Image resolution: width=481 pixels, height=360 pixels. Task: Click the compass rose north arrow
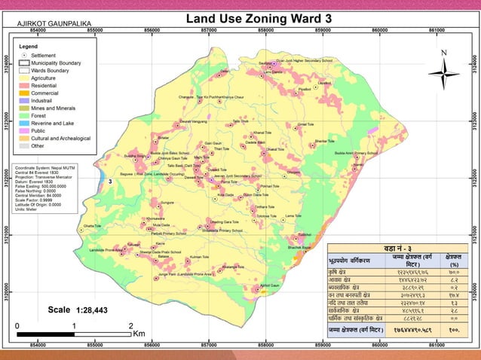[444, 73]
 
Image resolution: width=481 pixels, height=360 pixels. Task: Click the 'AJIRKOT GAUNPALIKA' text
[47, 24]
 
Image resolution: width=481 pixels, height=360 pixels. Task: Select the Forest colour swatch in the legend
[24, 115]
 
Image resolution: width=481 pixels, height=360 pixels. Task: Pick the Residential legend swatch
[24, 85]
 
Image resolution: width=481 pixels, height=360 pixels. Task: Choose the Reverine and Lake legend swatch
[24, 123]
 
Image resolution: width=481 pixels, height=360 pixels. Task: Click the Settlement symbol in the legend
[25, 55]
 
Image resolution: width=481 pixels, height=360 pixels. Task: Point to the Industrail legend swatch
[24, 100]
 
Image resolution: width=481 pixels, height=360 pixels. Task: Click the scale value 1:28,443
[91, 310]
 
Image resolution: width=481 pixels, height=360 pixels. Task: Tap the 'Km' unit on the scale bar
[139, 332]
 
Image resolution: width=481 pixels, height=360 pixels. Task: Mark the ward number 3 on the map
[110, 182]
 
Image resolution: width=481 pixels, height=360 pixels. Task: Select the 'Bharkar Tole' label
[325, 141]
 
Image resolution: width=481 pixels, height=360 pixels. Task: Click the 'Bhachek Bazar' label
[300, 247]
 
